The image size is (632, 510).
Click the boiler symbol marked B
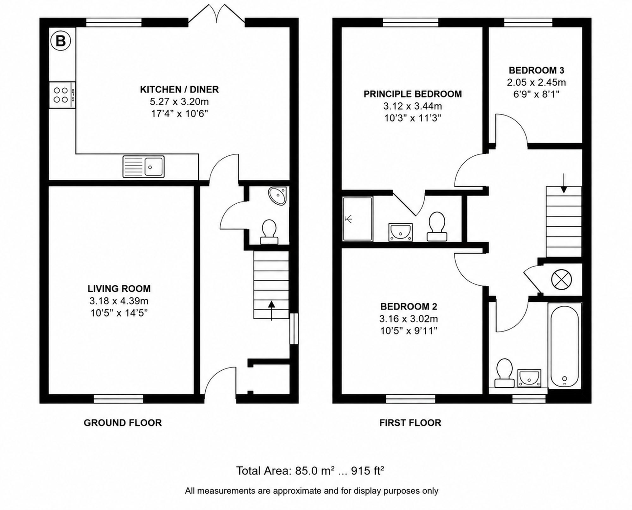(x=60, y=41)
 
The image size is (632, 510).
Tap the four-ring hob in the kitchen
(x=62, y=95)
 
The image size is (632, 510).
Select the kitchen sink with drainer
(x=143, y=166)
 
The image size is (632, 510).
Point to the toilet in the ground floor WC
(x=269, y=232)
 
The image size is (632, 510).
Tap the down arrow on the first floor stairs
(x=563, y=183)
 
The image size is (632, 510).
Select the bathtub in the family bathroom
(x=565, y=346)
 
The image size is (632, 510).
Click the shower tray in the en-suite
(x=358, y=219)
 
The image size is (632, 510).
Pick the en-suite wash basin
(x=401, y=232)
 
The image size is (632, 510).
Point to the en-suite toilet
(x=437, y=227)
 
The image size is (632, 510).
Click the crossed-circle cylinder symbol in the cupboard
(x=562, y=279)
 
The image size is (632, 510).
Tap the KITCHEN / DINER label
(x=179, y=89)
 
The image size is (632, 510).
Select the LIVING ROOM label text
(x=119, y=289)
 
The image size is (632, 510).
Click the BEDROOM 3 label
(x=537, y=70)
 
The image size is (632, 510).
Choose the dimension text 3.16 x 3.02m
(x=409, y=319)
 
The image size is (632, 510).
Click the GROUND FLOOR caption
(x=123, y=423)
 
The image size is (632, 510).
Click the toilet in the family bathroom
(x=504, y=373)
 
